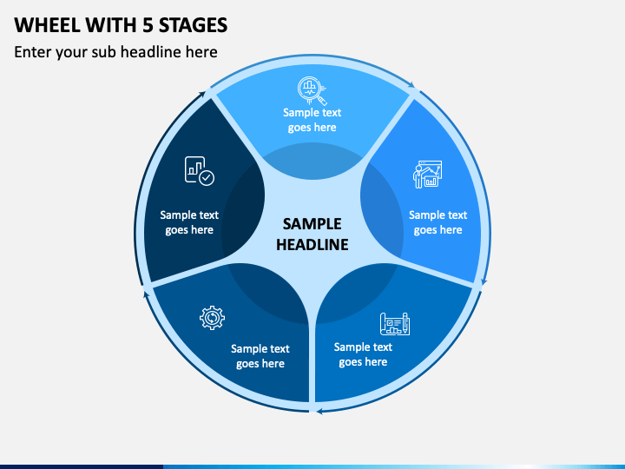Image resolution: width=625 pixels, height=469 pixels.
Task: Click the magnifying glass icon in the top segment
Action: click(312, 90)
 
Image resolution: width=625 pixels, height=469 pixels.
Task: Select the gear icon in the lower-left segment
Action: click(212, 319)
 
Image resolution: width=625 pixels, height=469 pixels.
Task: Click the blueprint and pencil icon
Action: click(395, 324)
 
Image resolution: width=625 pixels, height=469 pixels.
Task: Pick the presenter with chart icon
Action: click(426, 175)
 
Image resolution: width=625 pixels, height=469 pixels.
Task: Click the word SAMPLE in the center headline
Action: click(312, 224)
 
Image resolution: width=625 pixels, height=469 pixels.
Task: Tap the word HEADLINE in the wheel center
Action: click(312, 245)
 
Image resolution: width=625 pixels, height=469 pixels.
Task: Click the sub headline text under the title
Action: click(115, 52)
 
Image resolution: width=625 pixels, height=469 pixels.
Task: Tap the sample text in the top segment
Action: click(312, 120)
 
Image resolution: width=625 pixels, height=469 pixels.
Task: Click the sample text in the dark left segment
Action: click(189, 222)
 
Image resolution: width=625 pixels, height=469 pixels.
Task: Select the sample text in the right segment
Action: click(437, 222)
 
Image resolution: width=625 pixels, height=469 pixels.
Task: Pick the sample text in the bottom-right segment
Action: click(363, 354)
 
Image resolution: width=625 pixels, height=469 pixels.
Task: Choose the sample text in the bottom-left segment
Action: click(260, 356)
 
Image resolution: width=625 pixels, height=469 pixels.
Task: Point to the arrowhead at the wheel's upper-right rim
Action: click(412, 87)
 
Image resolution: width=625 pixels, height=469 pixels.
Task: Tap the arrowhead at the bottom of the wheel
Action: click(319, 409)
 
